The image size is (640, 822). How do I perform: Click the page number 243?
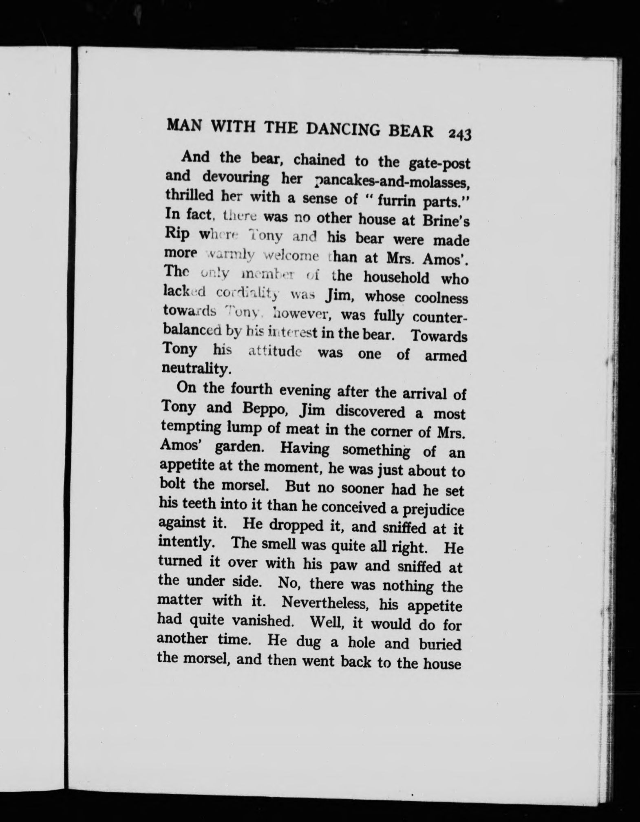pyautogui.click(x=459, y=135)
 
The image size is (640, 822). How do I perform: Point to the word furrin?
pyautogui.click(x=390, y=201)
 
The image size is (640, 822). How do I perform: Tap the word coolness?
pyautogui.click(x=441, y=298)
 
